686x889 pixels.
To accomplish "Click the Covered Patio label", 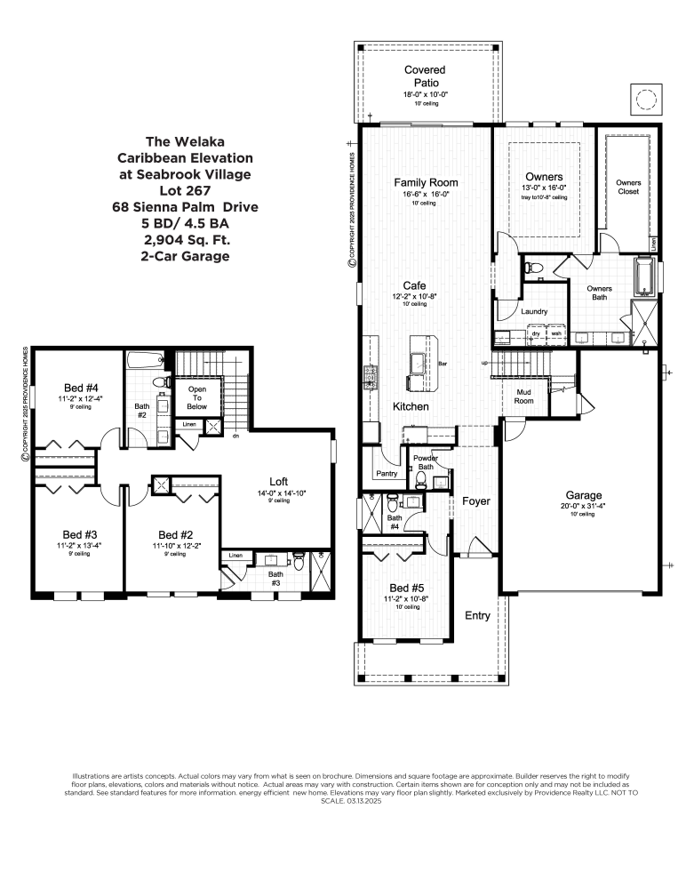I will pos(425,76).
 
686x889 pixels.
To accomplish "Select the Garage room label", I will pos(585,495).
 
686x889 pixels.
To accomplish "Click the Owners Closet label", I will pos(628,187).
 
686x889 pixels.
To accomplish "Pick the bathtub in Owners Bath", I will pos(643,277).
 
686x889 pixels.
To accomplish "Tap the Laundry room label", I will pos(533,311).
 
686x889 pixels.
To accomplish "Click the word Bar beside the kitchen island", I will pos(443,364).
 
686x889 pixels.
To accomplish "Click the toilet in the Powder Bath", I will pos(420,477).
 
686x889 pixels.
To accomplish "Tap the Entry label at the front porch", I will pos(477,615).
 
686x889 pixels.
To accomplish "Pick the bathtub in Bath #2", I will pos(144,361).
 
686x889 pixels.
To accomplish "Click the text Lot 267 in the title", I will pos(185,191).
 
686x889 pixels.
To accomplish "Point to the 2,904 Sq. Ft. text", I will pos(185,240).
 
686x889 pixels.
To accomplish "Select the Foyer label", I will pos(476,501).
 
